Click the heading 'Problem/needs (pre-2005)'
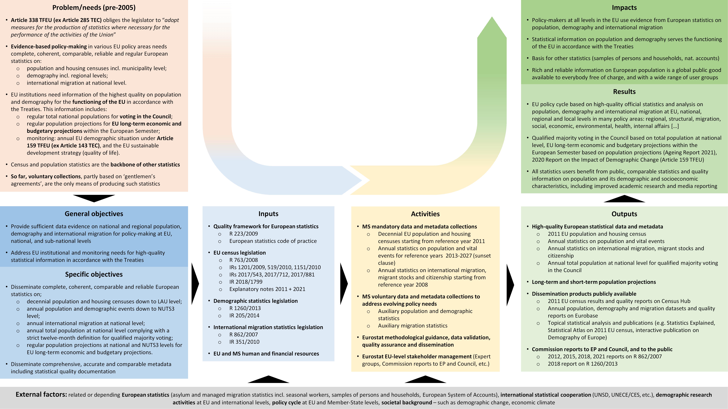pyautogui.click(x=94, y=8)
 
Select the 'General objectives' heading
pyautogui.click(x=94, y=214)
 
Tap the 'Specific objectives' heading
pyautogui.click(x=94, y=274)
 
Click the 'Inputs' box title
pyautogui.click(x=268, y=214)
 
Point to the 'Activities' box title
pyautogui.click(x=425, y=214)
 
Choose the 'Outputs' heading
pyautogui.click(x=624, y=214)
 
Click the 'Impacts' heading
pyautogui.click(x=624, y=8)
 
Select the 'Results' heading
pyautogui.click(x=624, y=91)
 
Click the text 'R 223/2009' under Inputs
pyautogui.click(x=244, y=234)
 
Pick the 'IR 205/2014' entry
pyautogui.click(x=244, y=316)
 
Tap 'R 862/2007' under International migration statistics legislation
pyautogui.click(x=244, y=334)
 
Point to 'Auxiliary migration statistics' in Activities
pyautogui.click(x=413, y=326)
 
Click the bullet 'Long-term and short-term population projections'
pyautogui.click(x=594, y=282)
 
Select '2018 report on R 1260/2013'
pyautogui.click(x=582, y=364)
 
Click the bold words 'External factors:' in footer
pyautogui.click(x=41, y=395)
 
